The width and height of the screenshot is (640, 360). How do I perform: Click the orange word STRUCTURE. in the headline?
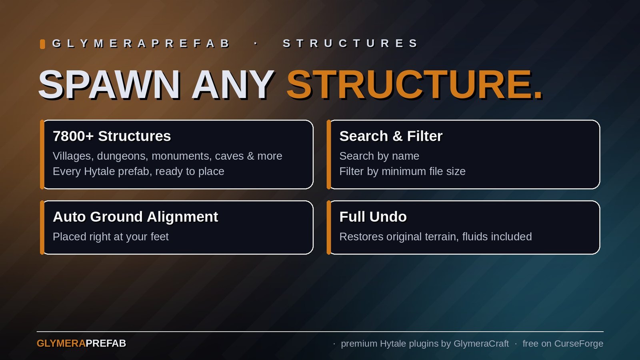[x=414, y=85]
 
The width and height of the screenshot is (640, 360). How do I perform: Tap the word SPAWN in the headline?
[x=109, y=85]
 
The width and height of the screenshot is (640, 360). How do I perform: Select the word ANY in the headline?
[x=233, y=85]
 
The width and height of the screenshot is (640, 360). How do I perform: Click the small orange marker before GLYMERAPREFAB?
[x=42, y=44]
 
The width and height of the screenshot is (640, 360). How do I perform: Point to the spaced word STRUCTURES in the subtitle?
[x=350, y=44]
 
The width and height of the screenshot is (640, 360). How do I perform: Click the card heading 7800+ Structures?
[x=112, y=136]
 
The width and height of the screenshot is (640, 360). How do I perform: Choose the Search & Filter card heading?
[x=391, y=136]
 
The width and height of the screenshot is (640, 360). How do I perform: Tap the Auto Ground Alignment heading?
[x=136, y=216]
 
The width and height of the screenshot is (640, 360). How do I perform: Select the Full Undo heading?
[x=373, y=216]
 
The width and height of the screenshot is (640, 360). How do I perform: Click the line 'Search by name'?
[x=379, y=156]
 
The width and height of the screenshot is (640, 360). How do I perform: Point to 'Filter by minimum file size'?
[x=402, y=172]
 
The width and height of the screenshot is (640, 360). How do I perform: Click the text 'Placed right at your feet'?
[x=110, y=237]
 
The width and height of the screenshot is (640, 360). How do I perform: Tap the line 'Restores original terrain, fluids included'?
[x=436, y=237]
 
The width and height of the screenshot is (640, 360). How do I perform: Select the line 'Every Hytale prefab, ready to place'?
[x=138, y=172]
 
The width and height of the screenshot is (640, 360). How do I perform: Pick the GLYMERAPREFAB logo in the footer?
[x=81, y=344]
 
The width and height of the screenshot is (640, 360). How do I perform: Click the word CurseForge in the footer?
[x=578, y=344]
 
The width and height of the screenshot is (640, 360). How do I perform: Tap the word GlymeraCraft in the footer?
[x=481, y=344]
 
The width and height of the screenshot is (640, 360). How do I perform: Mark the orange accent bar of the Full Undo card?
[x=328, y=228]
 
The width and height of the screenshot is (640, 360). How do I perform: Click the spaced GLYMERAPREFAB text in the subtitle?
[x=140, y=44]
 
